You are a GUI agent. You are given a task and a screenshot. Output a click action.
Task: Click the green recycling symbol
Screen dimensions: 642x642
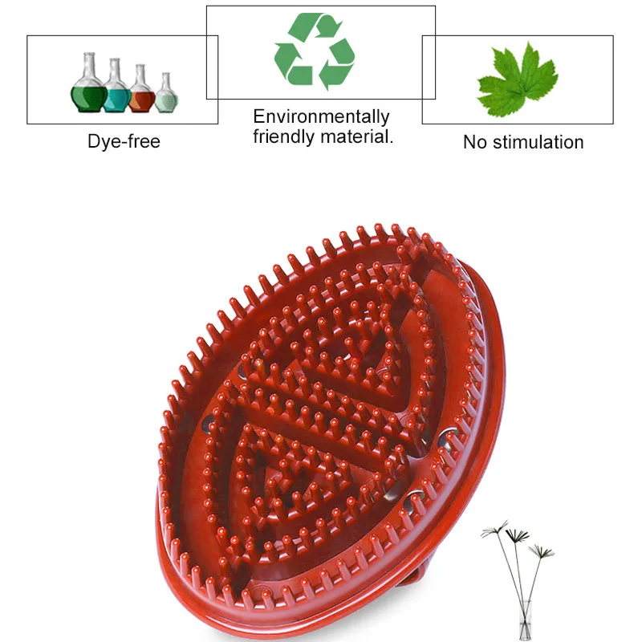315,51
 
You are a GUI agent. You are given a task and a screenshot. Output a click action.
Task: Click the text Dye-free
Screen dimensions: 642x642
124,142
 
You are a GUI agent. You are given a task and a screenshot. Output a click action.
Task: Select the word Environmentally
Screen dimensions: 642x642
322,116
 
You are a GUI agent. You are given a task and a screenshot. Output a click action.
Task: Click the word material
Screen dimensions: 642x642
356,136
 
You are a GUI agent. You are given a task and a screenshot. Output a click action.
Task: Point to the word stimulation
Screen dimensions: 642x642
538,142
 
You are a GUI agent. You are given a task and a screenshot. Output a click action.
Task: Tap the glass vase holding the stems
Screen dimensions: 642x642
526,620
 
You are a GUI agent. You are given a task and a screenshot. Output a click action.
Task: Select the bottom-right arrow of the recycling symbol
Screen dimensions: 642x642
336,66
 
